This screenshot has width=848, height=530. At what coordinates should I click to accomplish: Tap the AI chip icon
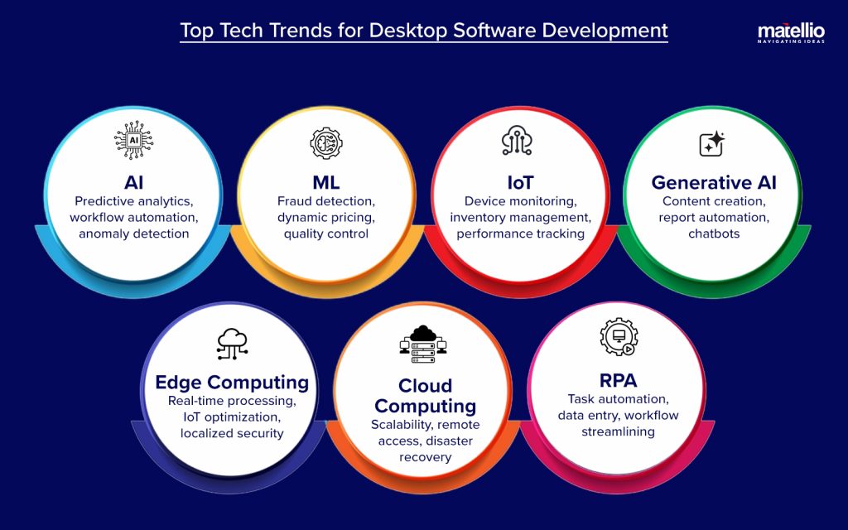click(132, 141)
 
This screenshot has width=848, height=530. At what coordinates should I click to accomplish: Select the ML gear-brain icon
click(325, 142)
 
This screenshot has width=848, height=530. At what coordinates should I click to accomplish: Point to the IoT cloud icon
click(518, 142)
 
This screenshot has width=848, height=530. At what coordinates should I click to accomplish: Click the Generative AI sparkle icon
click(712, 144)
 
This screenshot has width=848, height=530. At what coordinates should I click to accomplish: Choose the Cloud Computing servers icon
click(423, 344)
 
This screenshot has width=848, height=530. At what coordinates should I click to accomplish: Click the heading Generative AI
click(713, 182)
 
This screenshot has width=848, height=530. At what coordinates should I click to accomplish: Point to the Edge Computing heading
click(232, 382)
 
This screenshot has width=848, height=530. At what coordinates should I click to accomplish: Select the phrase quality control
click(325, 234)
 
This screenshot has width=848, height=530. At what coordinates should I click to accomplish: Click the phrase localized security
click(232, 433)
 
